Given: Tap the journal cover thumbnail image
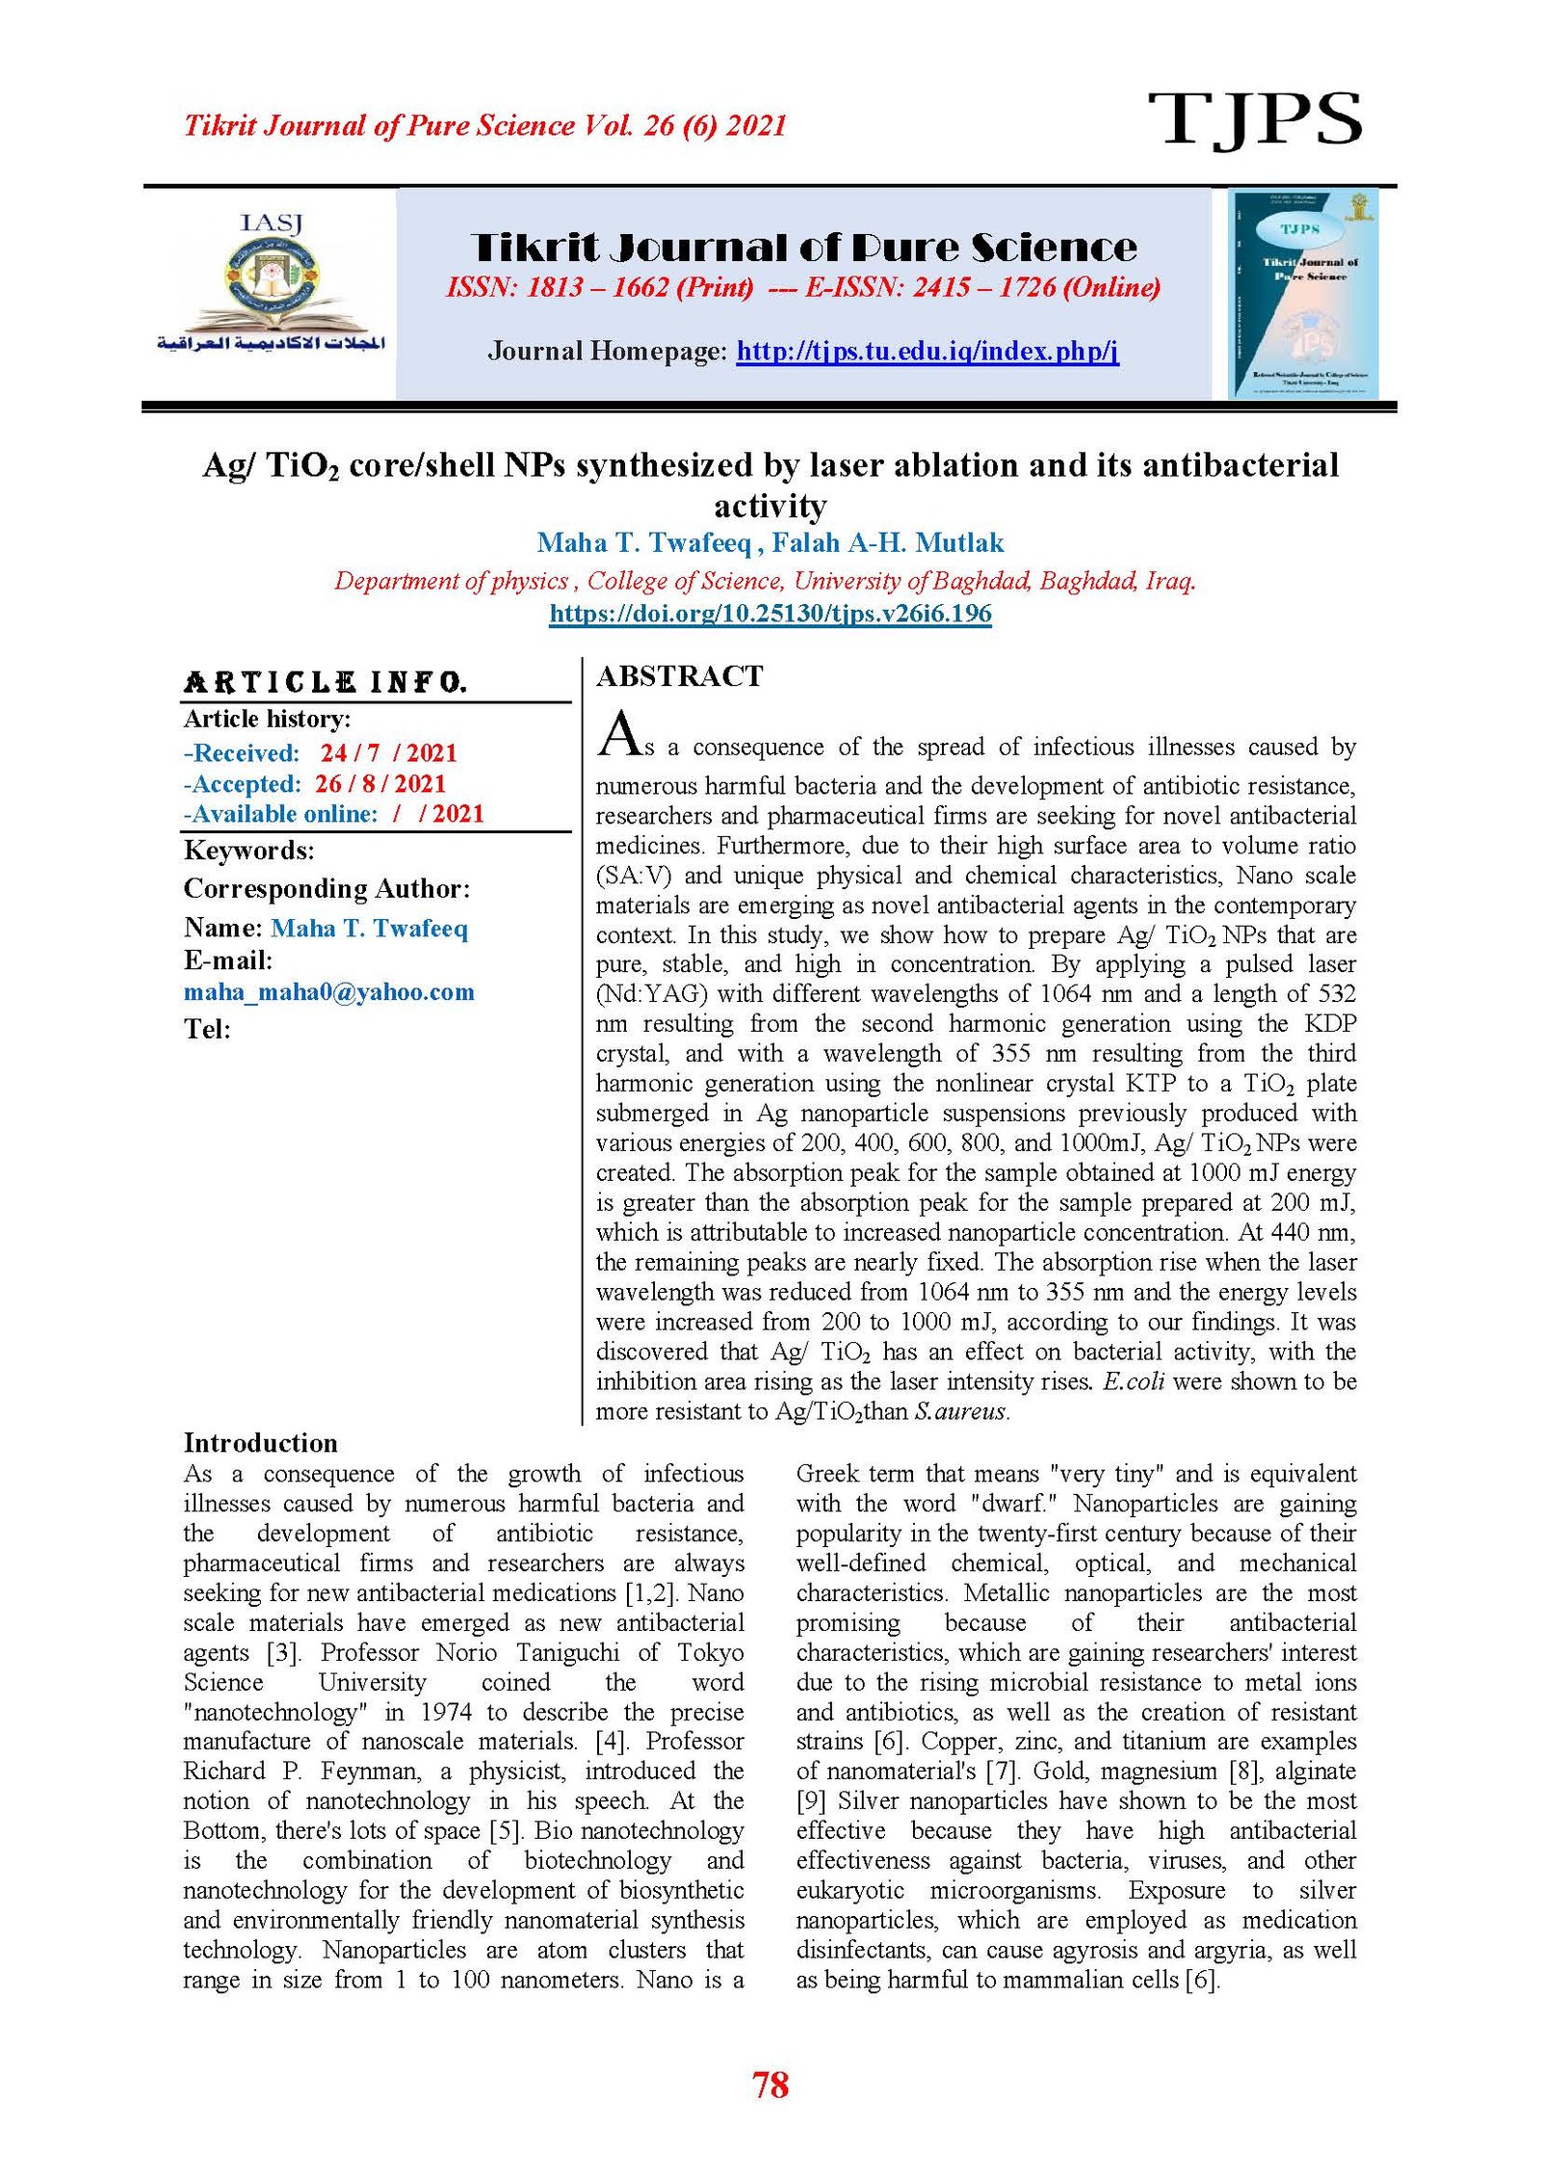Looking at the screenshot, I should pos(1301,294).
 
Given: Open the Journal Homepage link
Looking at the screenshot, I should pos(927,351).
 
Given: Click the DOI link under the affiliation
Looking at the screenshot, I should pos(770,614).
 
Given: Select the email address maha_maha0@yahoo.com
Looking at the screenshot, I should pos(328,992).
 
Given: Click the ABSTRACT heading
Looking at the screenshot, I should pos(679,676).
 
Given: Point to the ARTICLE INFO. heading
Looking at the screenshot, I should pos(326,683).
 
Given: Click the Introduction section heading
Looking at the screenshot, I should pos(260,1442).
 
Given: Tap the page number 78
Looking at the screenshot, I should pos(770,2085).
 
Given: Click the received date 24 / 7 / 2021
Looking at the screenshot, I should pos(388,753).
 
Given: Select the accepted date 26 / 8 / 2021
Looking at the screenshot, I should pos(379,783).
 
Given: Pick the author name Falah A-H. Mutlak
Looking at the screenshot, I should pos(887,543).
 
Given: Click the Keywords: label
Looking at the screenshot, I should pos(248,851).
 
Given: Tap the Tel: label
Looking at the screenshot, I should pos(207,1030).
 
